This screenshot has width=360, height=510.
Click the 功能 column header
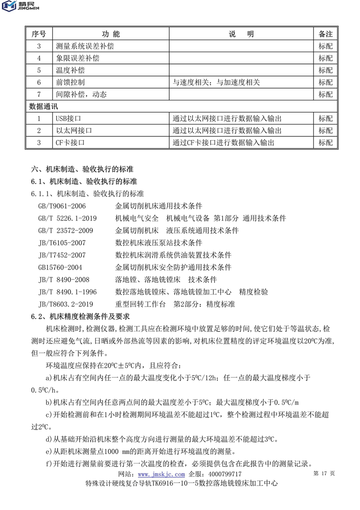[110, 34]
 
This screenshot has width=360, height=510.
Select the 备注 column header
[325, 34]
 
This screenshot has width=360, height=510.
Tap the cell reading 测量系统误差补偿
[85, 46]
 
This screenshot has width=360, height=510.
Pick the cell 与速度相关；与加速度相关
[216, 82]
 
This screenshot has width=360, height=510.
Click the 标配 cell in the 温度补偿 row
[325, 71]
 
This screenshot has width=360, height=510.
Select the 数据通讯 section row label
[43, 107]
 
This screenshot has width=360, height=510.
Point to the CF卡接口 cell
[71, 143]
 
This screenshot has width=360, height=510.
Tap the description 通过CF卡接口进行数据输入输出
[223, 143]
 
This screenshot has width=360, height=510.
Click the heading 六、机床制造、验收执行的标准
[81, 170]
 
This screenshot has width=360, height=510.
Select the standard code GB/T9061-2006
[62, 206]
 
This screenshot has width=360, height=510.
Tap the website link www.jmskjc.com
[161, 474]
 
